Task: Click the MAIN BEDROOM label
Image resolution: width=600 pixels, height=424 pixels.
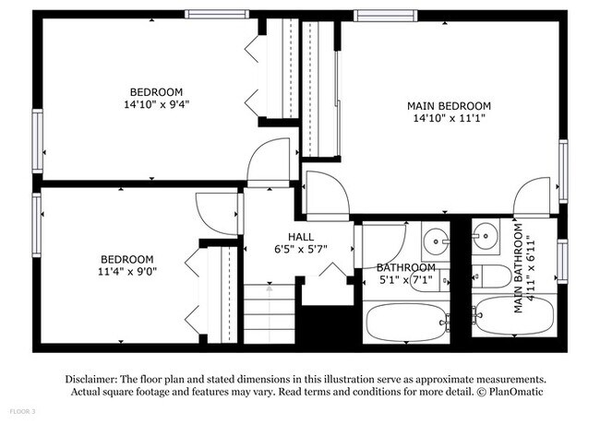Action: [x=449, y=106]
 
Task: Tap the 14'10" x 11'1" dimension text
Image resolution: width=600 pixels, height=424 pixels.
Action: [x=449, y=119]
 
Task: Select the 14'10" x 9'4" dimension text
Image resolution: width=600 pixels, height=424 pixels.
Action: [x=156, y=104]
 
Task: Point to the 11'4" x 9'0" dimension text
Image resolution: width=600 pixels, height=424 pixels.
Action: [x=128, y=273]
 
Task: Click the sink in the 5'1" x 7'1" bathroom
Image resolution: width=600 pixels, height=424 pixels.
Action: [x=437, y=243]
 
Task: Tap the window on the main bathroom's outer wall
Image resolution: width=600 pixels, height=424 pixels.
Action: [x=562, y=259]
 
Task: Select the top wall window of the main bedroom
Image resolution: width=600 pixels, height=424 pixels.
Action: [x=384, y=15]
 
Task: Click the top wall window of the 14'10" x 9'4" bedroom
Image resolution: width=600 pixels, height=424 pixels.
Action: [x=217, y=14]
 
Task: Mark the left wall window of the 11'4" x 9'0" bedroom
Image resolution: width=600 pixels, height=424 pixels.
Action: [x=37, y=225]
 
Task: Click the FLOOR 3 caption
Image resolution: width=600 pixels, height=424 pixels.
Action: [x=23, y=410]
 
